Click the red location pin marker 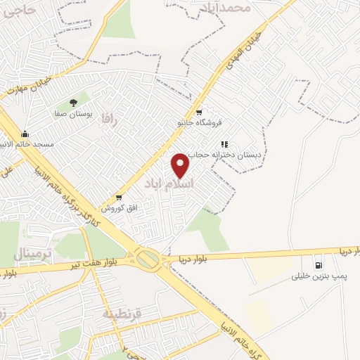[181, 165]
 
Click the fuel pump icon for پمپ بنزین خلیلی [319, 266]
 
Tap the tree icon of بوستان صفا [74, 102]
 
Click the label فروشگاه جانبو [199, 122]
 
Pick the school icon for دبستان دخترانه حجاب [224, 143]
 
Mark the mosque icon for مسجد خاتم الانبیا [26, 134]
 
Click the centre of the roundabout [149, 260]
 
